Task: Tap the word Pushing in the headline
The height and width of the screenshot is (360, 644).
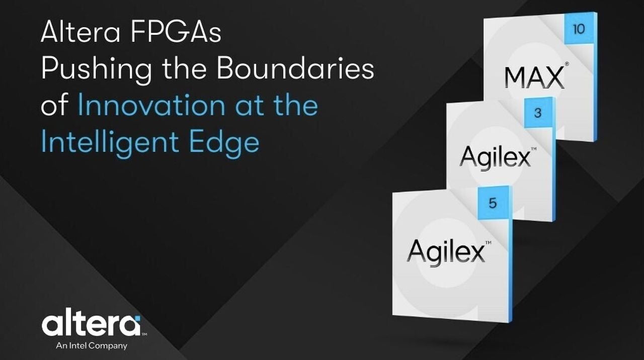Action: tap(96, 69)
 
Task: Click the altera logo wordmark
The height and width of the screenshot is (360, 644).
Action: tap(91, 325)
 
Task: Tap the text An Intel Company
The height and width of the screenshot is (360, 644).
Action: tap(93, 346)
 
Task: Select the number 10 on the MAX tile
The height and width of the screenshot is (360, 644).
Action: tap(579, 29)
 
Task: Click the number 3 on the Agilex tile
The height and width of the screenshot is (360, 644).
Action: tap(538, 113)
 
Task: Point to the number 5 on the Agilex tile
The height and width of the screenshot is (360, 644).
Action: tap(493, 204)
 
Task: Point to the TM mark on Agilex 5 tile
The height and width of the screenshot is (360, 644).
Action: tap(488, 242)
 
